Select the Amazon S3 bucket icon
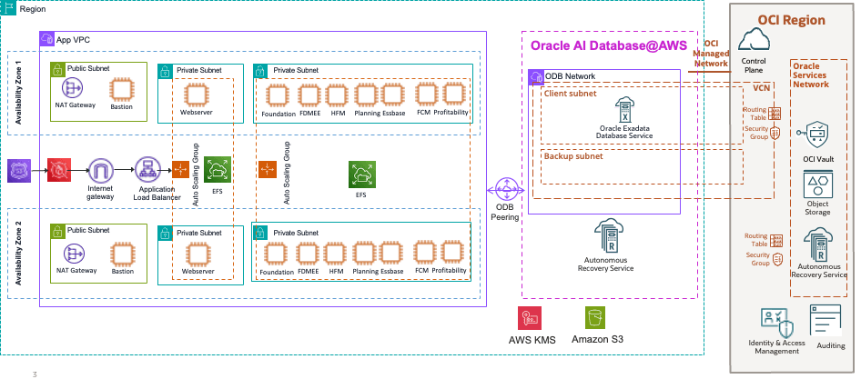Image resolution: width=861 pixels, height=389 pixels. tap(596, 317)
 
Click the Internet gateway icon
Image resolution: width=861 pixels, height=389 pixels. tap(99, 169)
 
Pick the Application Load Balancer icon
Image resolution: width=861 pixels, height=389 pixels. tap(146, 169)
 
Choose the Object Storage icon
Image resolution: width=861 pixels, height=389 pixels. tap(816, 185)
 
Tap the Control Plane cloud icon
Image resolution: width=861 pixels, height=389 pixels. tap(754, 40)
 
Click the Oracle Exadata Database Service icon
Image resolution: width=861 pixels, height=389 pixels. tap(623, 111)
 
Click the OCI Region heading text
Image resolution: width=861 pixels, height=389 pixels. tap(791, 20)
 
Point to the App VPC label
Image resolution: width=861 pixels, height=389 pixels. tap(72, 40)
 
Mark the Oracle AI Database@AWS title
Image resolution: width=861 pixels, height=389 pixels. tap(609, 44)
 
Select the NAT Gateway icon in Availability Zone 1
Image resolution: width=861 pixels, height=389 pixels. tap(73, 89)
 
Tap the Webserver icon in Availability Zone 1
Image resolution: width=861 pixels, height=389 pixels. tap(193, 95)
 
